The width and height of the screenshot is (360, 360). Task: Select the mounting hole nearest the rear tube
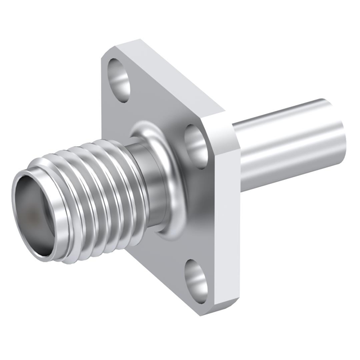[197, 142]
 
